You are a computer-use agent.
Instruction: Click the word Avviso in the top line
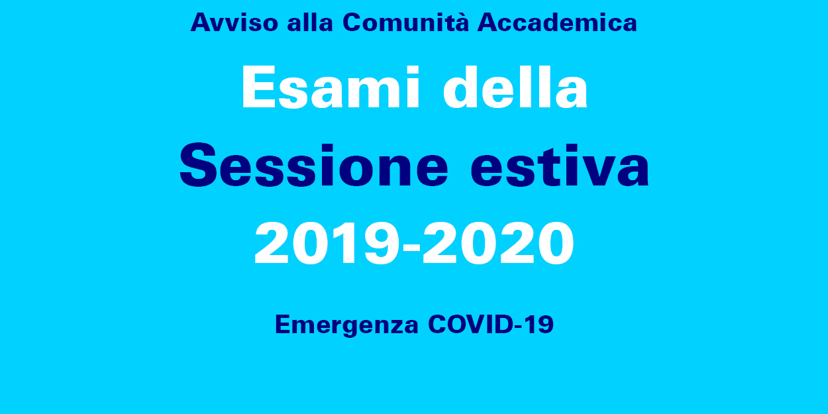click(234, 23)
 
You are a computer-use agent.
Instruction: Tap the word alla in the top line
click(310, 23)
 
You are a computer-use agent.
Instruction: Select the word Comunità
click(405, 22)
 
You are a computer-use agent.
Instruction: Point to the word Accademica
click(558, 23)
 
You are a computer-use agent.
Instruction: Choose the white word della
click(515, 87)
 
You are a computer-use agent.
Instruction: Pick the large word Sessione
click(314, 165)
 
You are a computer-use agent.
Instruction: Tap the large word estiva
click(560, 165)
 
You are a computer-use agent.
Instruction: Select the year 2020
click(498, 243)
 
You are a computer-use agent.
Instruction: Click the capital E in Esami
click(259, 87)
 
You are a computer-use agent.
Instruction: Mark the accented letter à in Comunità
click(460, 22)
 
